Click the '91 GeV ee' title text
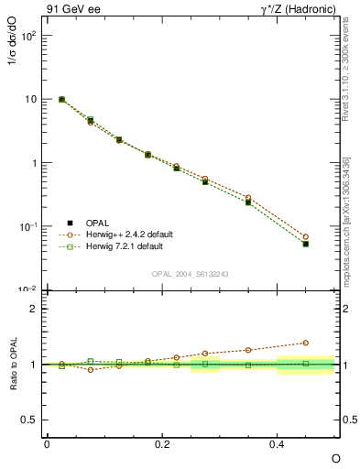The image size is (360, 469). click(x=71, y=10)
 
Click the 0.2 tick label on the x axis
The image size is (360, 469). click(x=162, y=443)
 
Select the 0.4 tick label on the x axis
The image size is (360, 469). click(x=278, y=443)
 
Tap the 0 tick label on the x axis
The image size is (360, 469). click(x=47, y=443)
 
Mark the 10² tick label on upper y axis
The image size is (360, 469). click(x=27, y=36)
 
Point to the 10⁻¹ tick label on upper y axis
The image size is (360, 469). click(x=27, y=226)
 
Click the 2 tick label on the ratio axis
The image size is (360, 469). click(x=33, y=309)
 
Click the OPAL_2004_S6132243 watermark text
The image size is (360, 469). click(x=190, y=274)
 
